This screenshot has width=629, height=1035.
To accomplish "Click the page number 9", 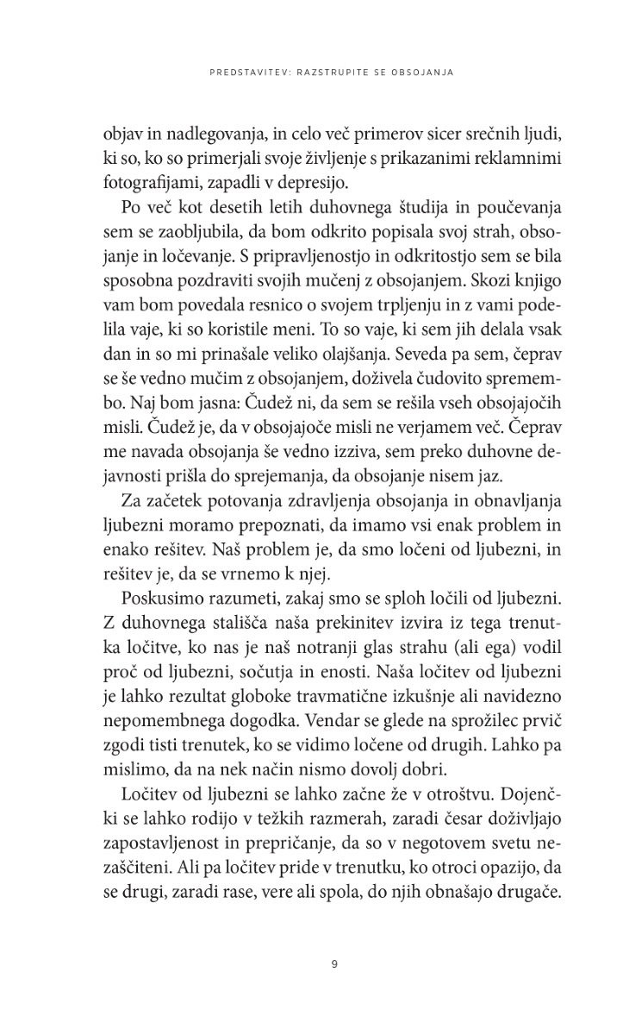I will pos(333,963).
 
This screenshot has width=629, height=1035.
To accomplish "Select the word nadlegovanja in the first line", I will pos(190,135).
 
